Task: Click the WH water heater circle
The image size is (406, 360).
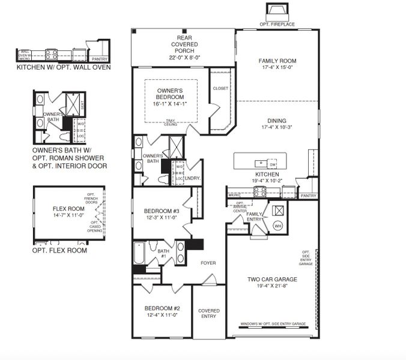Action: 277,226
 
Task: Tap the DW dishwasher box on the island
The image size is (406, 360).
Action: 273,164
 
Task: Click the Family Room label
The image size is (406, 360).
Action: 277,61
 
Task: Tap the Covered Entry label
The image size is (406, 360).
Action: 209,314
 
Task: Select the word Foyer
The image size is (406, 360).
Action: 208,263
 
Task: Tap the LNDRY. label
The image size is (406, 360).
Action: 192,178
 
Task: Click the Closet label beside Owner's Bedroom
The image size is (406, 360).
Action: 220,89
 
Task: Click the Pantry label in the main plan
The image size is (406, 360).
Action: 308,196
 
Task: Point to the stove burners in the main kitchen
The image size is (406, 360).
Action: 261,191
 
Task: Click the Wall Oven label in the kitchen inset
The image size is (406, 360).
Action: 25,55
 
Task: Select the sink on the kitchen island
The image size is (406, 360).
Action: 260,163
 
